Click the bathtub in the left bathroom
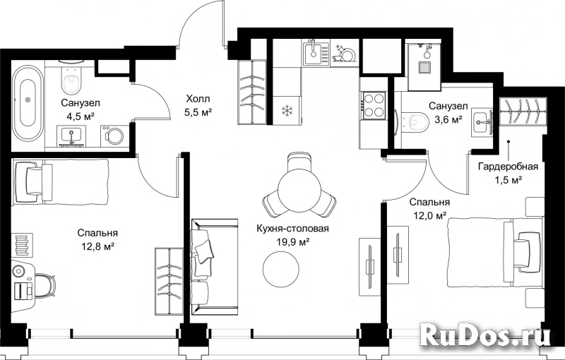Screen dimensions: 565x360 tap(28, 101)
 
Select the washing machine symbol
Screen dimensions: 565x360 tap(113, 136)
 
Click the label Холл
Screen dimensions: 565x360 tap(198, 98)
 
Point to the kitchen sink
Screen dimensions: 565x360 tap(316, 53)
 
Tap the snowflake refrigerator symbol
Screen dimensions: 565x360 tap(287, 111)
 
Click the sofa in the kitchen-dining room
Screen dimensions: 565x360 tap(214, 265)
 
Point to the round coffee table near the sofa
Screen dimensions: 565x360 tap(280, 268)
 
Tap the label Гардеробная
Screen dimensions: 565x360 tap(508, 167)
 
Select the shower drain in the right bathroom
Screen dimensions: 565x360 tap(424, 67)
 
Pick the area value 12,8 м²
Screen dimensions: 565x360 tap(97, 246)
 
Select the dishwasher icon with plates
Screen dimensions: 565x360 tap(344, 53)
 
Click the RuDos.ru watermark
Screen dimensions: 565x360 tap(485, 336)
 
